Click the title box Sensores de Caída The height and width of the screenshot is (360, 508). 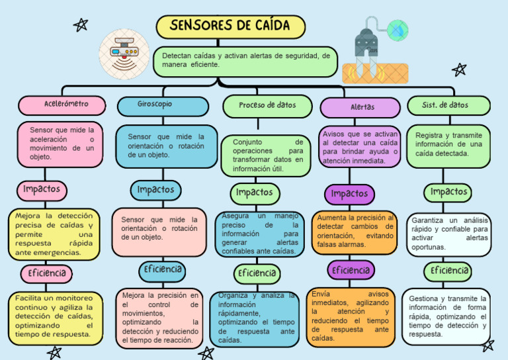(x=230, y=26)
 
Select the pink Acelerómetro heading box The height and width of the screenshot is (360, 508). (x=62, y=105)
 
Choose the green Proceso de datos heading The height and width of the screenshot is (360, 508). (x=267, y=105)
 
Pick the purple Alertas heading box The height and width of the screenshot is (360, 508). (x=360, y=107)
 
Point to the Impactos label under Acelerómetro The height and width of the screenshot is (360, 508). (x=42, y=190)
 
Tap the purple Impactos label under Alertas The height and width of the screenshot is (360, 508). (x=349, y=194)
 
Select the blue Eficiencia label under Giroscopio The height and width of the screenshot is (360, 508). (x=162, y=270)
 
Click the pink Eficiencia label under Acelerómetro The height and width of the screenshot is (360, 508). (x=46, y=273)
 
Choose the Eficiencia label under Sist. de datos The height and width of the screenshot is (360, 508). (x=449, y=271)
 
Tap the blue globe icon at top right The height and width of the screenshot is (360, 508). (x=398, y=30)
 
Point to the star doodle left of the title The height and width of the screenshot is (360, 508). (x=81, y=25)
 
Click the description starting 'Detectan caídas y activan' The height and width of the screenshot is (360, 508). (x=245, y=60)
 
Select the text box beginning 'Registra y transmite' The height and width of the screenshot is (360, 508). (x=448, y=144)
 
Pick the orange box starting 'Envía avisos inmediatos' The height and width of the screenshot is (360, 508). (x=351, y=316)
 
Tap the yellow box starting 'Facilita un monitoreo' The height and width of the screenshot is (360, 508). (x=54, y=316)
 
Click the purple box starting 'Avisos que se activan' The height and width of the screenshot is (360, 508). (x=360, y=147)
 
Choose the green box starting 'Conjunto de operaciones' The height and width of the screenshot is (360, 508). (x=267, y=156)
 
